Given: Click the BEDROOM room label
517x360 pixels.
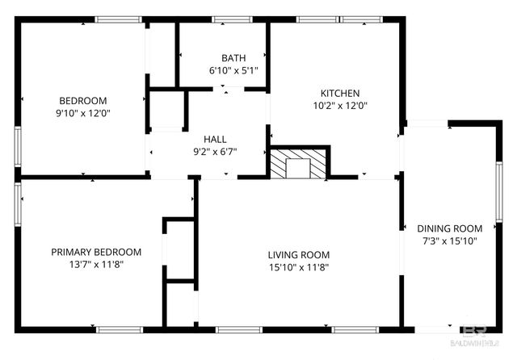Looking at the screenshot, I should (x=83, y=102).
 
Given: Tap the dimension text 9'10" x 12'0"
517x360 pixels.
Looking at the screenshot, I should (x=83, y=114).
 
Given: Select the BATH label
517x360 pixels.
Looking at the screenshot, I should (x=233, y=58).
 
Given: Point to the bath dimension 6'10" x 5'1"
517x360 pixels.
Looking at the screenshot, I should (x=233, y=70).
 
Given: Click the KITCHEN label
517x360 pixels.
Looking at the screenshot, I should (x=340, y=93).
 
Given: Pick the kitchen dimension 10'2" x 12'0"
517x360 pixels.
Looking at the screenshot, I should (x=340, y=105).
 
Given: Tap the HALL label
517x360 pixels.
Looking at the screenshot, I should (x=215, y=139).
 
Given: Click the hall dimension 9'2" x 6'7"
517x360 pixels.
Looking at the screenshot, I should (x=215, y=151).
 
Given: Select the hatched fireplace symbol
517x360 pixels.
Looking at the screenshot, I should (x=300, y=165).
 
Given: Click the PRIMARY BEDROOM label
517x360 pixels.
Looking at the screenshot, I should (x=96, y=251).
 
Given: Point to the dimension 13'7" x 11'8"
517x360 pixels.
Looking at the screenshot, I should (x=96, y=263).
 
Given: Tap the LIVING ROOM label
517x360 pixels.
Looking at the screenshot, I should (x=299, y=255).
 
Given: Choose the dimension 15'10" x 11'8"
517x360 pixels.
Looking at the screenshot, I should (x=299, y=267).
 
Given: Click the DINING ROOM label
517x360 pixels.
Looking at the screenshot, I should (x=450, y=228).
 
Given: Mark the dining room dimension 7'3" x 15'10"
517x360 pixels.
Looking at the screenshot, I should (x=450, y=241).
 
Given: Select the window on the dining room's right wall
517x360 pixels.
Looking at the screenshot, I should (x=498, y=186).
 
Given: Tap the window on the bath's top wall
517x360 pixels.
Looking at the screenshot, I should (x=231, y=19).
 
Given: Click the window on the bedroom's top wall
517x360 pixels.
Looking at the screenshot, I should (x=118, y=19).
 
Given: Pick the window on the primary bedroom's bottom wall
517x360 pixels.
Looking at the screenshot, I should (x=119, y=329).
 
